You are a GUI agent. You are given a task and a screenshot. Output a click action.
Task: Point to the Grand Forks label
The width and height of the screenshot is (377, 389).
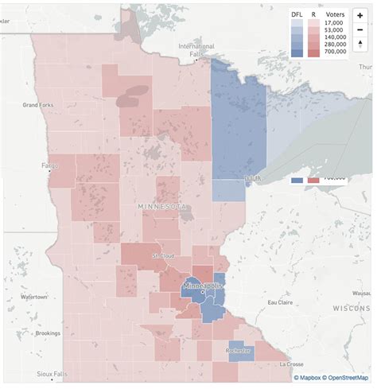37,104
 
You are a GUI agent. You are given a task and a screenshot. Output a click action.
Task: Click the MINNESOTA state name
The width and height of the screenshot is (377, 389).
164,207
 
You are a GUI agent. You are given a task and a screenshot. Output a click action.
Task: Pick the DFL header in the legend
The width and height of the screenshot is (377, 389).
297,14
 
